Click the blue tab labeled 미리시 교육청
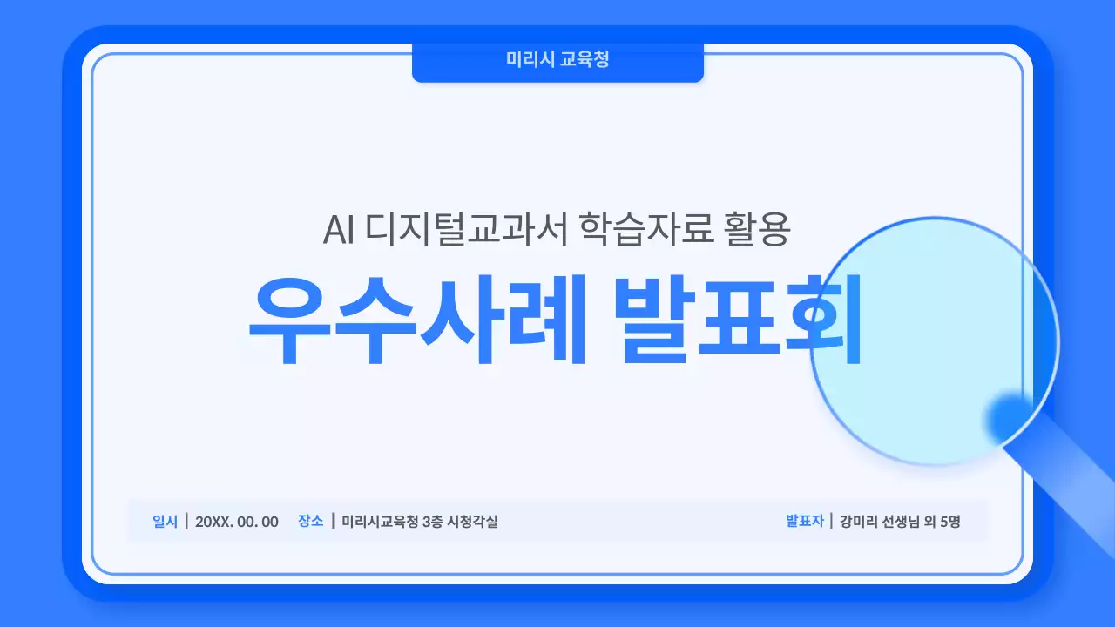557,60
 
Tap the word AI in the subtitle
338,230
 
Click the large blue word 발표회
737,322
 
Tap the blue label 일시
165,521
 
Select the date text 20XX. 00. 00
237,522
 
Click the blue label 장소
310,521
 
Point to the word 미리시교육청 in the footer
380,522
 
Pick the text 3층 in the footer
432,522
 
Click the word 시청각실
472,522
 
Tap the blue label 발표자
804,521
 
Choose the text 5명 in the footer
950,522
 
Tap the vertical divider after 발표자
831,521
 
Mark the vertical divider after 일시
186,521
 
